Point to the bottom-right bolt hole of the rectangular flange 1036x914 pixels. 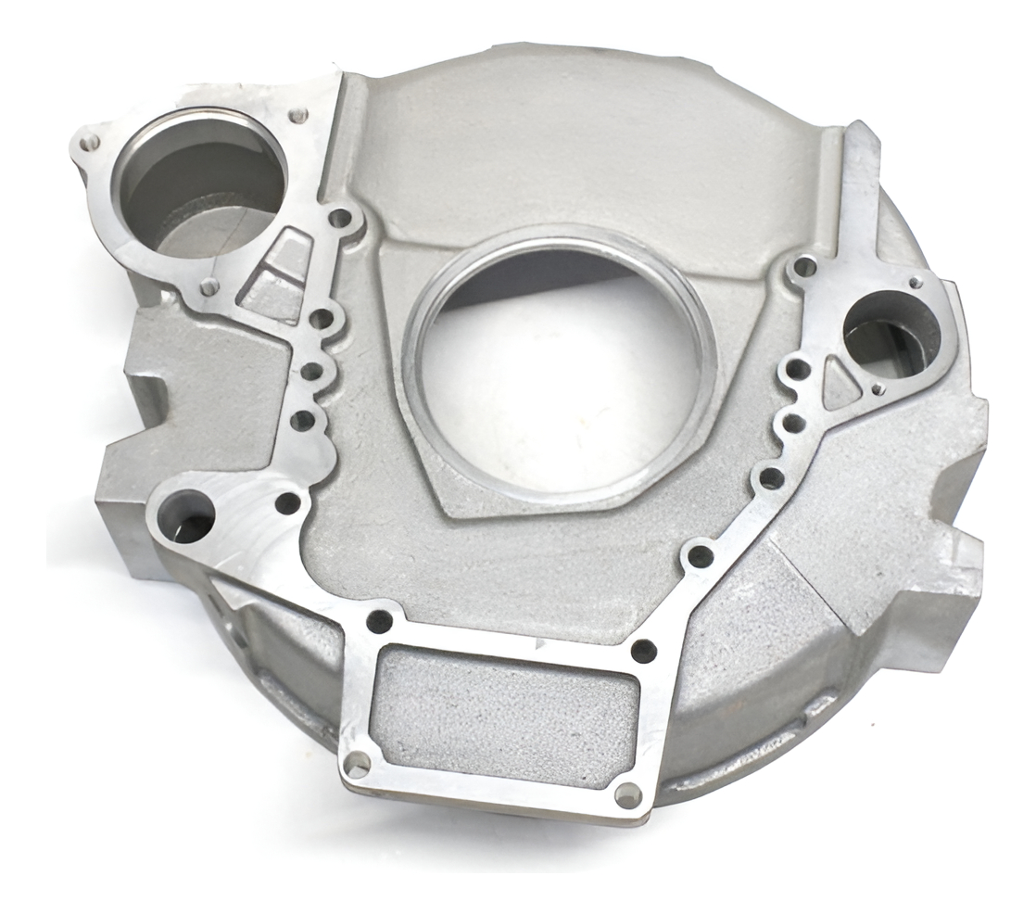point(627,794)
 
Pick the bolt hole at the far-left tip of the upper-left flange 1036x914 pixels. point(90,144)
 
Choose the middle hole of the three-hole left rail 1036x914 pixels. point(312,372)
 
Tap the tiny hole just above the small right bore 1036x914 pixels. point(916,282)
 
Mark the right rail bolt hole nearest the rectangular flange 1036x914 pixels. point(701,556)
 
